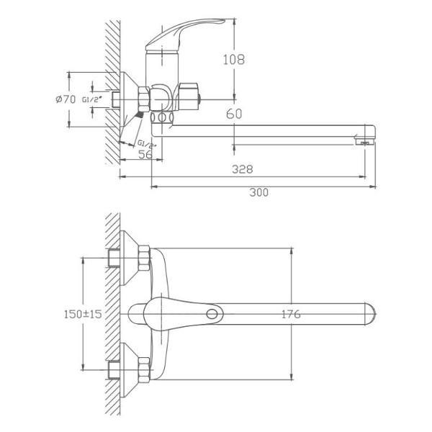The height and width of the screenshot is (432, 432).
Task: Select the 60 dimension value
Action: point(233,114)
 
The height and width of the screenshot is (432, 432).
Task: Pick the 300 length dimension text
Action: point(258,192)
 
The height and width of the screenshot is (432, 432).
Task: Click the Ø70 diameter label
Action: point(66,99)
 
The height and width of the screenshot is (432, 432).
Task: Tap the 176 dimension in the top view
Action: point(290,314)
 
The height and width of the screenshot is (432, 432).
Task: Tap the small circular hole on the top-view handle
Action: point(212,315)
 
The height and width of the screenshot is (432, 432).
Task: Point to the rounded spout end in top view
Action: point(371,315)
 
